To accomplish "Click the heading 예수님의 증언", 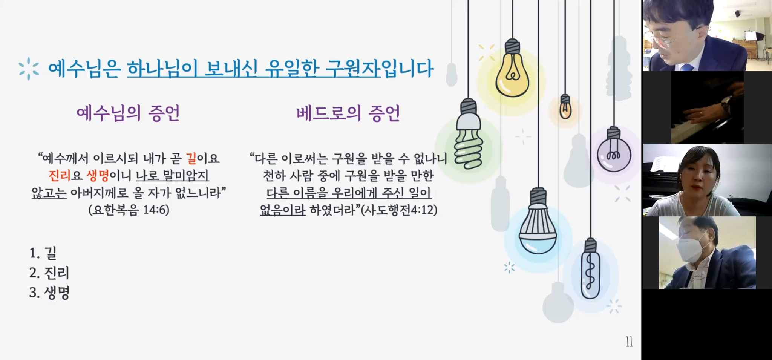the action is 128,113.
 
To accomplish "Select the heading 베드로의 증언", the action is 348,113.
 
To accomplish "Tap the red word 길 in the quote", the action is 191,158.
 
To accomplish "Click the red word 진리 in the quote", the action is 60,175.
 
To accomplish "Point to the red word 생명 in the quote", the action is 98,175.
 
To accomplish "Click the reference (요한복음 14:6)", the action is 129,210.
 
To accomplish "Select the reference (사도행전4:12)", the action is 399,210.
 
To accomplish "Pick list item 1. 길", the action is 43,253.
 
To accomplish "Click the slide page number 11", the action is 629,342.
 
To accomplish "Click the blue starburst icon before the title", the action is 29,69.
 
